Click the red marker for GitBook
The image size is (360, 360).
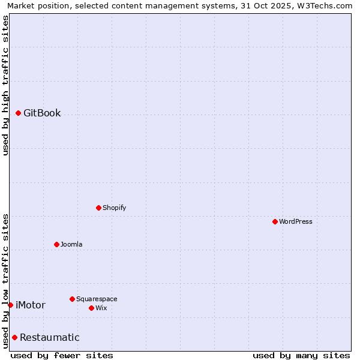pyautogui.click(x=18, y=113)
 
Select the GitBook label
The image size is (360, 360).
pyautogui.click(x=42, y=113)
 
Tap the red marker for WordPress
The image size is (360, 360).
pyautogui.click(x=275, y=221)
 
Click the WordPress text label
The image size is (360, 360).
pyautogui.click(x=295, y=221)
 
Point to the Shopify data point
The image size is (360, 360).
pyautogui.click(x=98, y=208)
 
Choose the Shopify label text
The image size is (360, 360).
pyautogui.click(x=114, y=208)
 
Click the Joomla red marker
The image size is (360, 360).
pyautogui.click(x=56, y=244)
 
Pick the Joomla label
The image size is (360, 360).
pyautogui.click(x=71, y=244)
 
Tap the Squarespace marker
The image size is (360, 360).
pyautogui.click(x=72, y=299)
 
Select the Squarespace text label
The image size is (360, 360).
pyautogui.click(x=97, y=299)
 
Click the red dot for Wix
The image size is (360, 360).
pyautogui.click(x=91, y=308)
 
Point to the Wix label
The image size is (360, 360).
pyautogui.click(x=101, y=308)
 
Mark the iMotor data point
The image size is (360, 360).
pyautogui.click(x=10, y=305)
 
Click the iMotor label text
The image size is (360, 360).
pyautogui.click(x=31, y=305)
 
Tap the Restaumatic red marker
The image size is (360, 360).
pyautogui.click(x=14, y=337)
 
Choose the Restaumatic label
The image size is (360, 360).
pyautogui.click(x=50, y=337)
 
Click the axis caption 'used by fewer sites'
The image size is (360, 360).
pyautogui.click(x=62, y=355)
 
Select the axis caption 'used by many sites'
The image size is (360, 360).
pyautogui.click(x=301, y=355)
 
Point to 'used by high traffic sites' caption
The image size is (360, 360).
pyautogui.click(x=5, y=85)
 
